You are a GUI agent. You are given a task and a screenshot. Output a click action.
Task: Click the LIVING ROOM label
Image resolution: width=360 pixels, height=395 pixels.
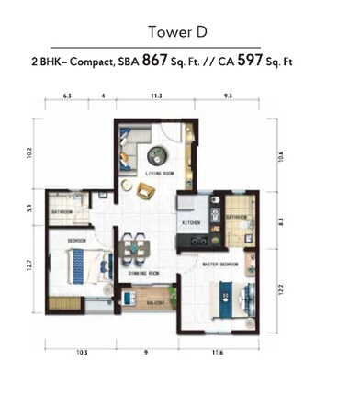pyautogui.click(x=162, y=172)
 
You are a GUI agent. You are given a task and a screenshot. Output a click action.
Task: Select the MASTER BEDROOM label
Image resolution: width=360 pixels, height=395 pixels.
pyautogui.click(x=220, y=264)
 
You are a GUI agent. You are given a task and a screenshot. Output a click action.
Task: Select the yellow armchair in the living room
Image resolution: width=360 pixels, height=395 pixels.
pyautogui.click(x=145, y=190)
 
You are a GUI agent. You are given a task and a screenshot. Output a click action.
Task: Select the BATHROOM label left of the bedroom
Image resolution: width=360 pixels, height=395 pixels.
pyautogui.click(x=62, y=211)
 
